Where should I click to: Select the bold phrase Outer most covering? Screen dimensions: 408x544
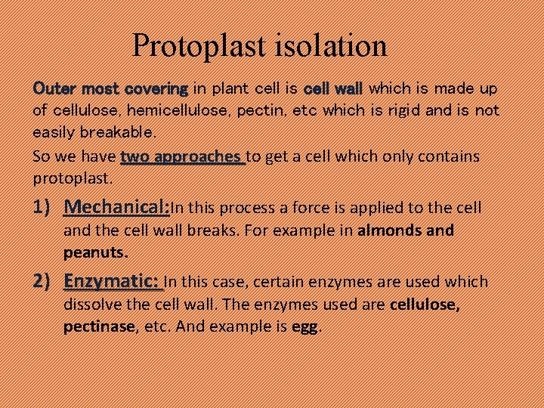(x=110, y=88)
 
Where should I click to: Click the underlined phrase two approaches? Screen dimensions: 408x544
(x=181, y=156)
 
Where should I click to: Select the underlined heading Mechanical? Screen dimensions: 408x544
(x=116, y=207)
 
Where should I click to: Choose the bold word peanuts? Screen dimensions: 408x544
(x=95, y=251)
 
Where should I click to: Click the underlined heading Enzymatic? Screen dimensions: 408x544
(x=112, y=282)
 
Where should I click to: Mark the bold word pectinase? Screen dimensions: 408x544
(x=100, y=327)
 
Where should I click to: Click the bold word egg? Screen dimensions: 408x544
(x=305, y=327)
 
